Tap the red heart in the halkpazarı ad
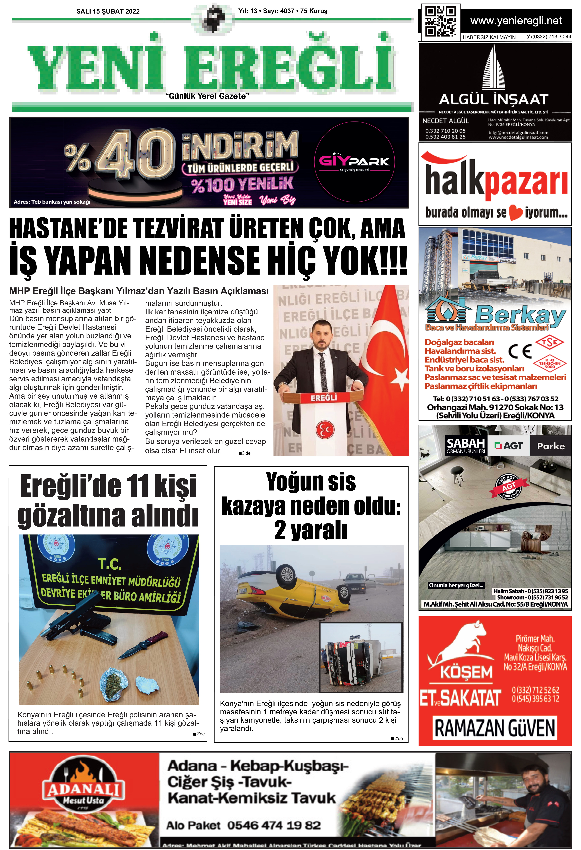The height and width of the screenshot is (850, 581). click(x=515, y=213)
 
